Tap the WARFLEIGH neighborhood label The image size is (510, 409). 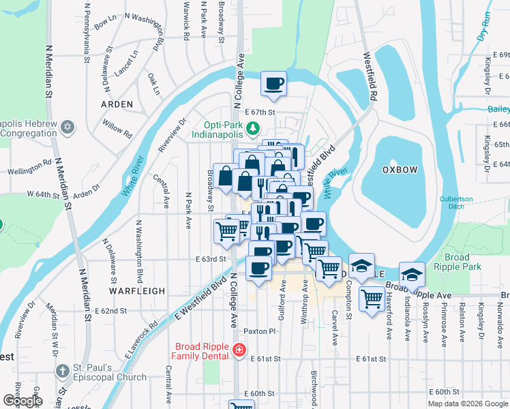[136, 290]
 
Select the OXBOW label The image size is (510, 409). [399, 168]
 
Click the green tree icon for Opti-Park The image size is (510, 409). [253, 127]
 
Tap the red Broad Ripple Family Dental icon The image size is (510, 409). [239, 350]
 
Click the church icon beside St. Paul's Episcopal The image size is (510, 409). [62, 372]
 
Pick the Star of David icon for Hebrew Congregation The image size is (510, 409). [67, 127]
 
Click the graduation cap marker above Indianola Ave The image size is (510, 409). [412, 274]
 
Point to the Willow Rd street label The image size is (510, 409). [116, 127]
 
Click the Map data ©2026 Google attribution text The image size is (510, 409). [468, 404]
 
